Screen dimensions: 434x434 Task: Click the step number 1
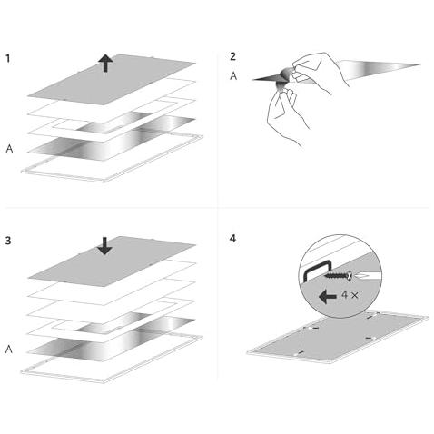coord(8,58)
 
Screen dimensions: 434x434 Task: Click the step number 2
coord(232,56)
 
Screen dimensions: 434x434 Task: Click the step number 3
coord(8,241)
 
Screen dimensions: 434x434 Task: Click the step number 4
coord(232,239)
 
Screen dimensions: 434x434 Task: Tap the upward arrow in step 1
coord(105,63)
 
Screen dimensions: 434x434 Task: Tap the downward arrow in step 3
coord(104,246)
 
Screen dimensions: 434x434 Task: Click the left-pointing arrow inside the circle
coord(328,296)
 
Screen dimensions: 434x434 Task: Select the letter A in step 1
coord(9,149)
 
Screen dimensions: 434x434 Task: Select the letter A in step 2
coord(233,75)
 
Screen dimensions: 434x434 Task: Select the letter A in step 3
coord(9,350)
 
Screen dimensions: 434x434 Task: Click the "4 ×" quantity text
coord(350,294)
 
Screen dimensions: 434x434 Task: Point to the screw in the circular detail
coord(339,276)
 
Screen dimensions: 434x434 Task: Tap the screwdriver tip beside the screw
coord(362,276)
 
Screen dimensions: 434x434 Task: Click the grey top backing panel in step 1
coord(112,79)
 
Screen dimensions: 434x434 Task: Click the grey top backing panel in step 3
coord(112,261)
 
